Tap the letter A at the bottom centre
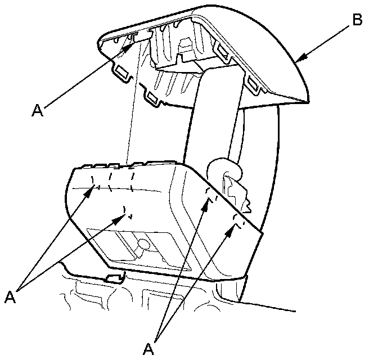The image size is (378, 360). point(148,349)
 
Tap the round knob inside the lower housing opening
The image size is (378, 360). point(143,245)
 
